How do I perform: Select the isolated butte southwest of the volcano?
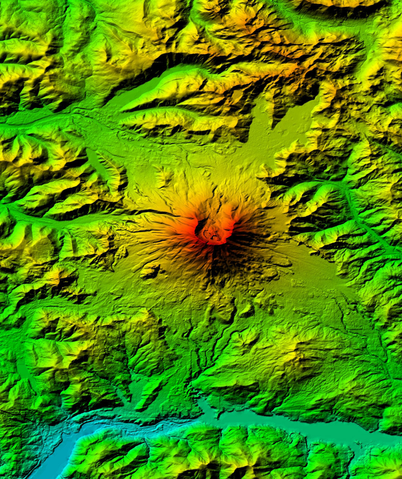[x=150, y=271]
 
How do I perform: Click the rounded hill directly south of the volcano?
[x=222, y=307]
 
